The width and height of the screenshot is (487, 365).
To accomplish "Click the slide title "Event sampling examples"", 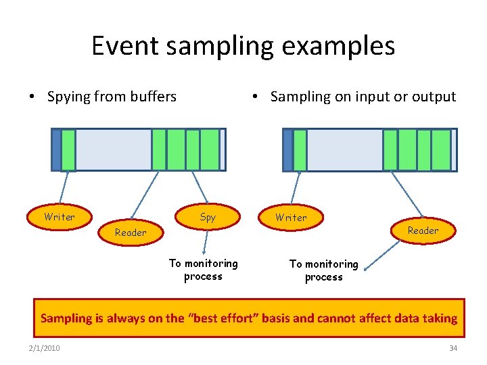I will pos(243,46).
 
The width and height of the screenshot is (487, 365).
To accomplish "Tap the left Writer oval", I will pos(60,217).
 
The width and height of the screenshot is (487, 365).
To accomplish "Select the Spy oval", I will pos(208,217).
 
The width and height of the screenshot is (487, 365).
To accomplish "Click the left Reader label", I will pos(131,233).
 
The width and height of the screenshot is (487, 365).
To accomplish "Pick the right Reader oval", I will pos(423,230).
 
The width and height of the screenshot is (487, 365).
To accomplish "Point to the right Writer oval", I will pos(291,218).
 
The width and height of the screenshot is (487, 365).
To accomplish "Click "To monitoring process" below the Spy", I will pos(203,270).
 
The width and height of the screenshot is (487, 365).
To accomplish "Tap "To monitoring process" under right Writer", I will pos(323,270).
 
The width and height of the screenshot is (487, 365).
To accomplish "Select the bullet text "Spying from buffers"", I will pos(112,97).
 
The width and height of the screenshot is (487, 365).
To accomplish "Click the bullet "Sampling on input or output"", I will pos(363,97).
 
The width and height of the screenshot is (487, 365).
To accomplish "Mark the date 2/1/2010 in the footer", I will pos(44,348).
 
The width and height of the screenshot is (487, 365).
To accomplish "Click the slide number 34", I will pos(453,348).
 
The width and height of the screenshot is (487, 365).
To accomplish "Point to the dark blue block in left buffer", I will pos(56,150).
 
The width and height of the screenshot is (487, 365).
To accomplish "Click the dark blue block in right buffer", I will pos(287,150).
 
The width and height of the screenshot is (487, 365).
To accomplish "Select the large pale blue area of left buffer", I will pos(113,150).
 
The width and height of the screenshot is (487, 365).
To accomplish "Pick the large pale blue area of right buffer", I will pos(344,150).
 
